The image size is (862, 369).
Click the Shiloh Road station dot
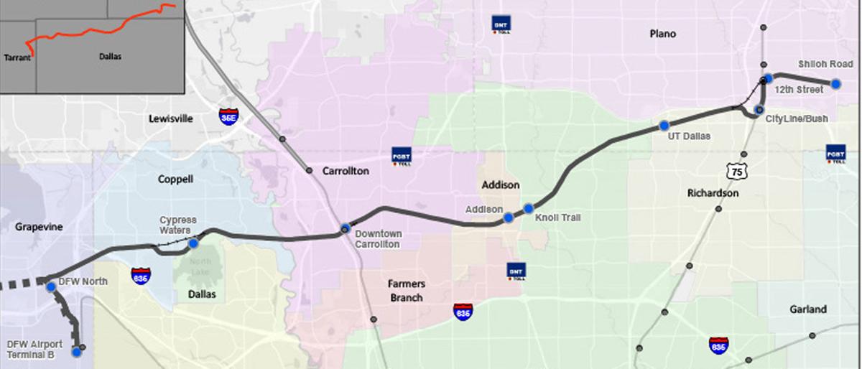tap(835, 84)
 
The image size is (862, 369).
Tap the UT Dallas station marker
tap(664, 126)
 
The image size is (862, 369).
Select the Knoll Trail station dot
tap(529, 208)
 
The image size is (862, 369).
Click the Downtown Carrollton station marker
tap(346, 228)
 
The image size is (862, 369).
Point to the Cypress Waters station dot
tap(193, 243)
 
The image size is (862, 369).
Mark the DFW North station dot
tap(51, 286)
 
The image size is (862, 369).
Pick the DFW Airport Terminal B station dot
tap(77, 352)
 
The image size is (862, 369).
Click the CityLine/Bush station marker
tap(759, 110)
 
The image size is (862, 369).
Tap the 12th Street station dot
tap(768, 78)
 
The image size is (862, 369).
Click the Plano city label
tap(662, 34)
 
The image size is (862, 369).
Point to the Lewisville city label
tap(171, 118)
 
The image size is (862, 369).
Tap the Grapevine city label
tap(40, 227)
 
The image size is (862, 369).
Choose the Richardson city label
tap(713, 193)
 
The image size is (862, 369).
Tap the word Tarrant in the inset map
tap(17, 57)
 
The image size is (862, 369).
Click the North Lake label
tap(201, 266)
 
